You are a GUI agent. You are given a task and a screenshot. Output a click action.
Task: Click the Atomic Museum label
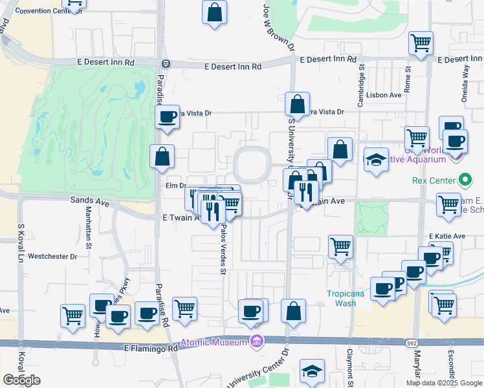(x=214, y=342)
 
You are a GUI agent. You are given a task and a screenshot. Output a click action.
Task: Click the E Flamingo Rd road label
(x=151, y=348)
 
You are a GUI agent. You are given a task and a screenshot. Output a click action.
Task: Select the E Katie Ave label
(x=447, y=236)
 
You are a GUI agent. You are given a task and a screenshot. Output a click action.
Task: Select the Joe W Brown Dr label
(x=270, y=26)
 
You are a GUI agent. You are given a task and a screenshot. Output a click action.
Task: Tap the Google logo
(x=22, y=380)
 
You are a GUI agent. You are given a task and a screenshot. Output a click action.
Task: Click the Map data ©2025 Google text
(x=443, y=383)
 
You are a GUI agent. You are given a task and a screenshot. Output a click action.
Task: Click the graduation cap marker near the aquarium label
(x=375, y=160)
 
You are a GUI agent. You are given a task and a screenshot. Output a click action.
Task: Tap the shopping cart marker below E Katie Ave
(x=340, y=246)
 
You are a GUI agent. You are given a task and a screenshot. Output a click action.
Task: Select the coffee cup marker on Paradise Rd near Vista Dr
(x=168, y=117)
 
